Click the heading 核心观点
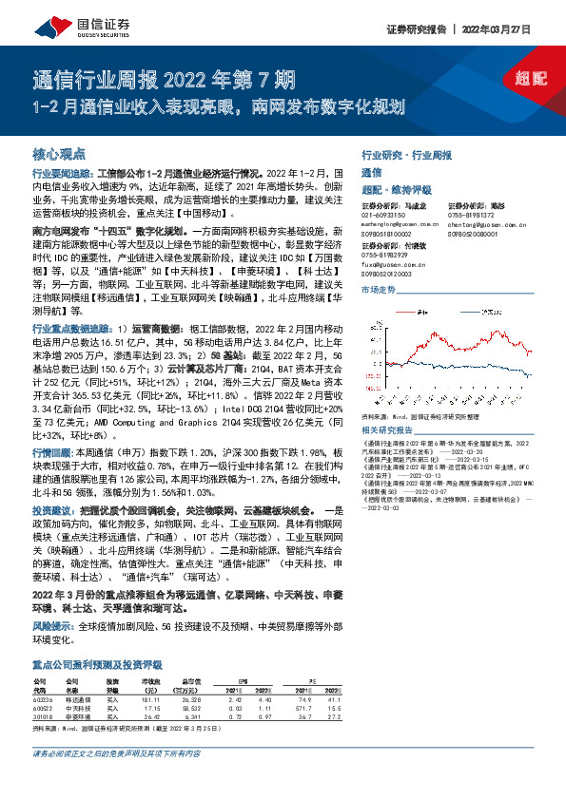[59, 152]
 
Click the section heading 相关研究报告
[389, 430]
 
